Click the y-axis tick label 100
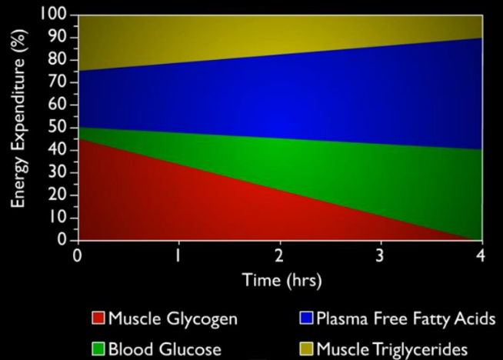pos(56,15)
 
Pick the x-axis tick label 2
pos(280,255)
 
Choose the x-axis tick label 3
pos(381,255)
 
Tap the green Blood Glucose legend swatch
pos(98,349)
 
